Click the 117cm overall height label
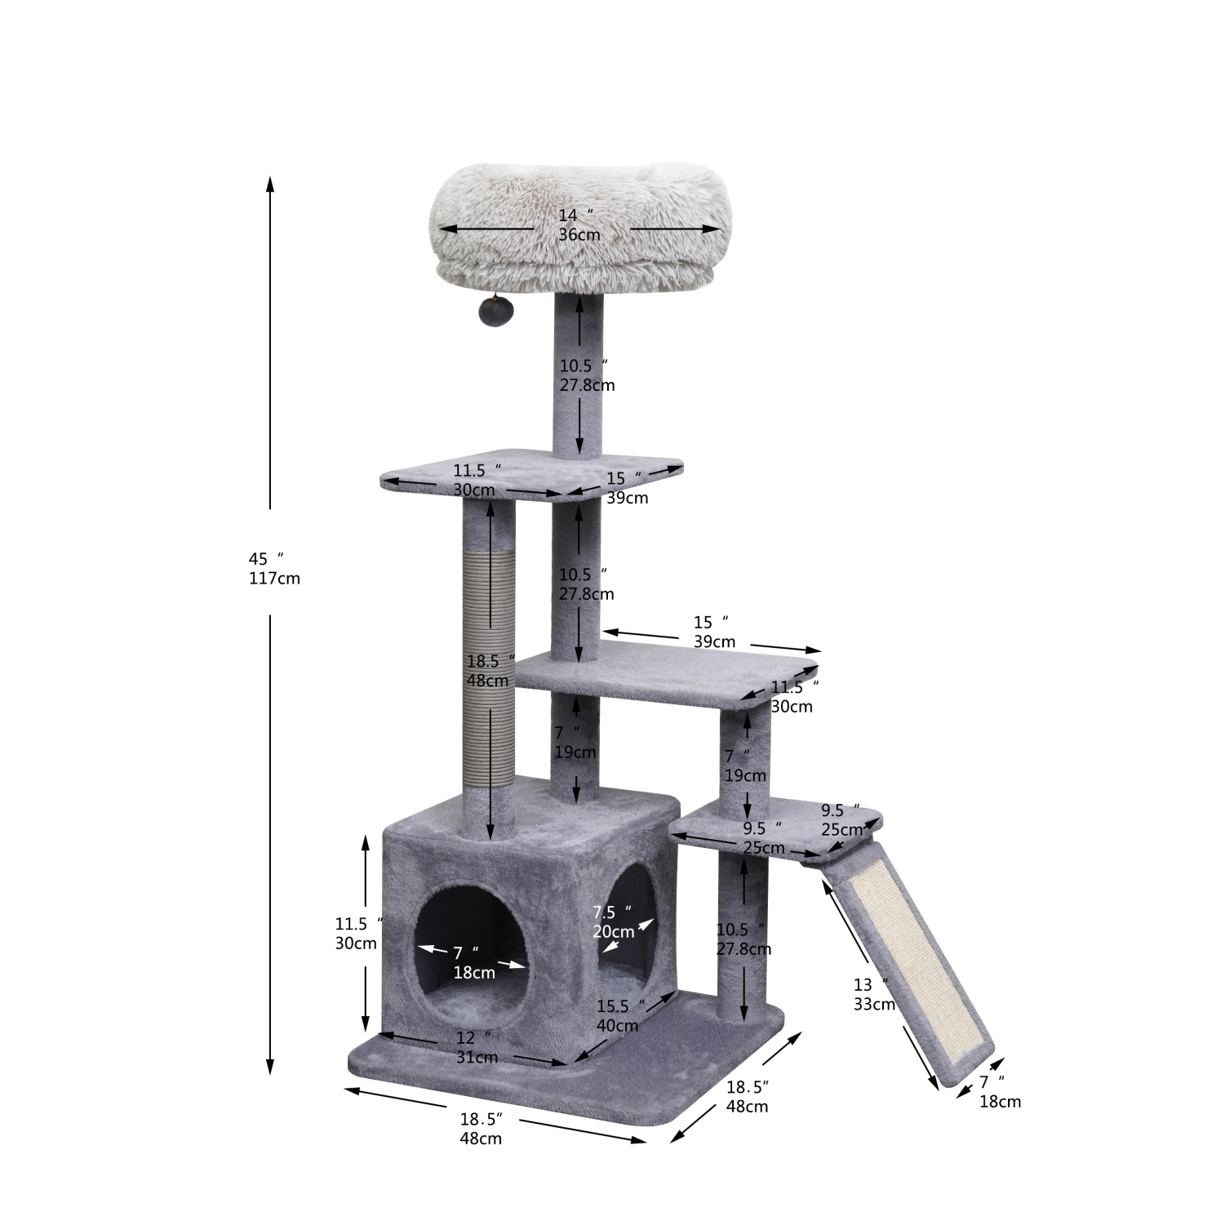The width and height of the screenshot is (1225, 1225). point(274,579)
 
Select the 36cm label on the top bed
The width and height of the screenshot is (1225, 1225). point(579,235)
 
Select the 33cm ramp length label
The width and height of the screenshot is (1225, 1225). point(874,1005)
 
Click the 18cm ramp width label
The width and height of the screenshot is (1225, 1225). point(1000,1102)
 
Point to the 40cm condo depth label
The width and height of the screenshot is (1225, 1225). point(617,1026)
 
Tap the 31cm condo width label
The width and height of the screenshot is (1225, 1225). point(477,1058)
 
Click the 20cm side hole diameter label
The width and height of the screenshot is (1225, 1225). point(614,931)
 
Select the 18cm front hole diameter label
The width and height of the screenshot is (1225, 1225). point(474,973)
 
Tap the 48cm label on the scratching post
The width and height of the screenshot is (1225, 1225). point(488,681)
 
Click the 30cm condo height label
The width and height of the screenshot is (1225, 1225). point(356,943)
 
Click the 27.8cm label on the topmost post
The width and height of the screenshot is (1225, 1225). point(587,385)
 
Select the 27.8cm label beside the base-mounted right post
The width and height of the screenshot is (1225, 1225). point(743,949)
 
